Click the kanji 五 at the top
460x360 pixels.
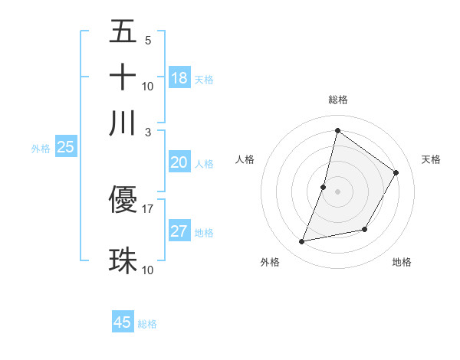[x=123, y=31]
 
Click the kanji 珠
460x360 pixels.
[x=123, y=260]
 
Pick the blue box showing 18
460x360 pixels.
[x=179, y=77]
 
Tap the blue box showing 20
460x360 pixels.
[x=179, y=162]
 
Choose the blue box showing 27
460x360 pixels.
[x=179, y=231]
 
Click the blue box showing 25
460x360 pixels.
[x=65, y=148]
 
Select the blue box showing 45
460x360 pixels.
[x=123, y=322]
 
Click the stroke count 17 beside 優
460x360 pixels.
[x=148, y=208]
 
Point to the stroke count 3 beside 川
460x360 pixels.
[x=148, y=132]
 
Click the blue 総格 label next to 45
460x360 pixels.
[x=147, y=324]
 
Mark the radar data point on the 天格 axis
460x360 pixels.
[x=396, y=173]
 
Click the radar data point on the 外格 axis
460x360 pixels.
[x=302, y=242]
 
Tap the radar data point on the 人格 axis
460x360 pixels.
[x=324, y=187]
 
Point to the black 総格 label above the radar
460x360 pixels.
[x=337, y=100]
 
